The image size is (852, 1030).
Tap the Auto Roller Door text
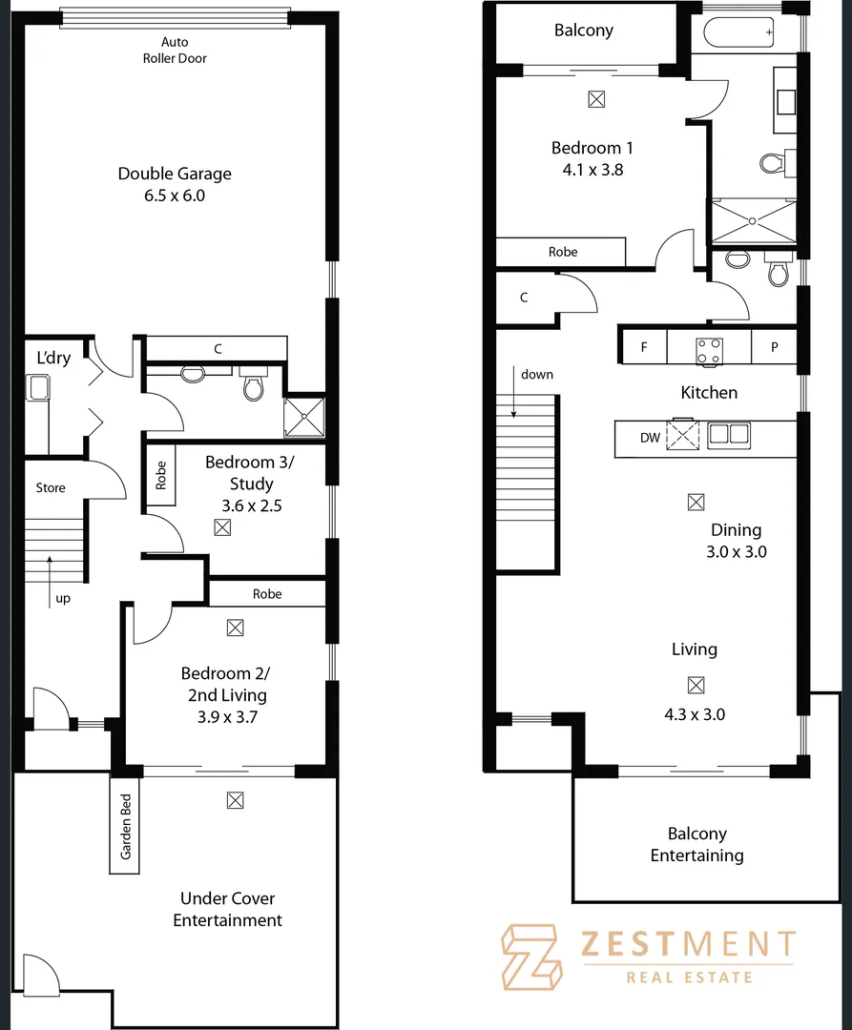pyautogui.click(x=183, y=51)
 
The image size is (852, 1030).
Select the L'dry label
pyautogui.click(x=53, y=358)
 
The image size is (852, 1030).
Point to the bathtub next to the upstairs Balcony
pyautogui.click(x=740, y=33)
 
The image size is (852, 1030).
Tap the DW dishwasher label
pyautogui.click(x=650, y=438)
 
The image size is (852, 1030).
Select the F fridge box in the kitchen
pyautogui.click(x=644, y=348)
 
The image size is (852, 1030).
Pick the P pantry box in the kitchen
pyautogui.click(x=775, y=348)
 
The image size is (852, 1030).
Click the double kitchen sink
pyautogui.click(x=727, y=436)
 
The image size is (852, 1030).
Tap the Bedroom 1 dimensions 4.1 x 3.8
pyautogui.click(x=592, y=170)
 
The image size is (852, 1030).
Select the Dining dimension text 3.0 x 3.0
pyautogui.click(x=736, y=551)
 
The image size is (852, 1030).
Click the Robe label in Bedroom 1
pyautogui.click(x=563, y=252)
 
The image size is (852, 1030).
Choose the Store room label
pyautogui.click(x=51, y=487)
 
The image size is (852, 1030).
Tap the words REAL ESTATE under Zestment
pyautogui.click(x=688, y=977)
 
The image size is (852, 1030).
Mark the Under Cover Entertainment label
pyautogui.click(x=227, y=909)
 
